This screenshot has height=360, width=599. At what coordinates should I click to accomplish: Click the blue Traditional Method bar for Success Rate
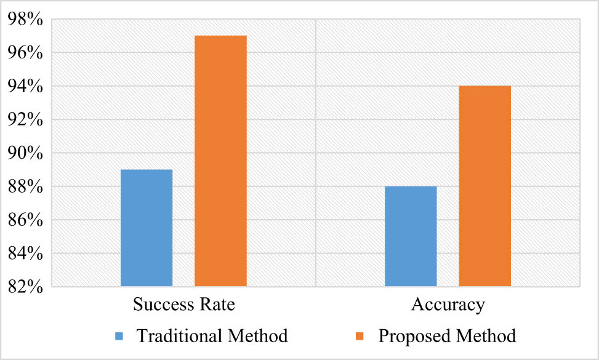[x=147, y=228]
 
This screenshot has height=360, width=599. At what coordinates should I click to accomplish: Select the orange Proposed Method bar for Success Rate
[x=220, y=161]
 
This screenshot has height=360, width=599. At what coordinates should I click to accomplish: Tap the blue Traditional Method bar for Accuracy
[x=411, y=236]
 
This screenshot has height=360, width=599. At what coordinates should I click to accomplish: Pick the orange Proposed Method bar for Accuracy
[x=484, y=186]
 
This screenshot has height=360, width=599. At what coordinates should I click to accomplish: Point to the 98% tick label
[x=25, y=20]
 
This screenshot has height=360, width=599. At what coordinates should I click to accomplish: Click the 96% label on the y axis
[x=25, y=53]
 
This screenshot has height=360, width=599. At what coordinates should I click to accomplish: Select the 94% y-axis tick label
[x=25, y=86]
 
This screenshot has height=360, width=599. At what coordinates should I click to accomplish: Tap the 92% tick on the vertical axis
[x=25, y=119]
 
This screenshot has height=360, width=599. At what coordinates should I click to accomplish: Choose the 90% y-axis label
[x=25, y=153]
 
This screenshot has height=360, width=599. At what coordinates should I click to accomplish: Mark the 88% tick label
[x=25, y=186]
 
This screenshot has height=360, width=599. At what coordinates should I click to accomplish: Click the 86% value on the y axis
[x=25, y=220]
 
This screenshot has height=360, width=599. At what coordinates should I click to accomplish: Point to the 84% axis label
[x=25, y=253]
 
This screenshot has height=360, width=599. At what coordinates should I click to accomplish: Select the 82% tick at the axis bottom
[x=25, y=286]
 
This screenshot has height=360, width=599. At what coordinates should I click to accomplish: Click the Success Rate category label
[x=183, y=305]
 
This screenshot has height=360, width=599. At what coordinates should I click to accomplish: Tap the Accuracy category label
[x=448, y=305]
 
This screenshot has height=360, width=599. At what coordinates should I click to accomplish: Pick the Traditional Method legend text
[x=212, y=336]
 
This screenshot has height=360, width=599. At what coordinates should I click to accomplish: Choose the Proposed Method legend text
[x=447, y=336]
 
